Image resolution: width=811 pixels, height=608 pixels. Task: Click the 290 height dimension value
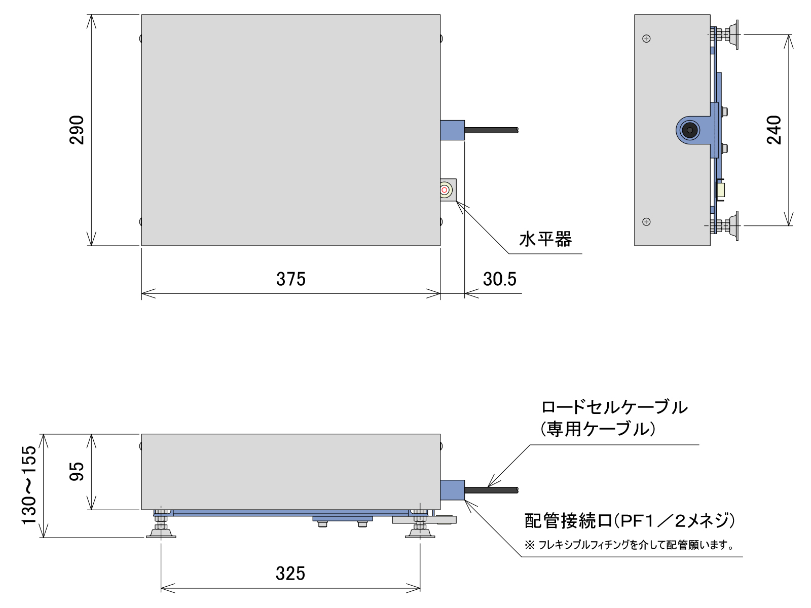pyautogui.click(x=77, y=130)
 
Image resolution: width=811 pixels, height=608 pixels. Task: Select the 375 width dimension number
pyautogui.click(x=291, y=280)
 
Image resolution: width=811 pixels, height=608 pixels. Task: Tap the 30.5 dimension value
pyautogui.click(x=500, y=280)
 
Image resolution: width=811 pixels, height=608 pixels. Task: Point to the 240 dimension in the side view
pyautogui.click(x=774, y=130)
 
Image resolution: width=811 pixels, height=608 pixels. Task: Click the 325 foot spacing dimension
pyautogui.click(x=290, y=574)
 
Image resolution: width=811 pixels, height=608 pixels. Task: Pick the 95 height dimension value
pyautogui.click(x=77, y=471)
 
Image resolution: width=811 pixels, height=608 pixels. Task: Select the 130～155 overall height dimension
pyautogui.click(x=29, y=485)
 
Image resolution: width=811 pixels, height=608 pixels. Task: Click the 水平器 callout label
pyautogui.click(x=545, y=239)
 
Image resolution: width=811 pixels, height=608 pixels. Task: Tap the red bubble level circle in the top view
pyautogui.click(x=445, y=190)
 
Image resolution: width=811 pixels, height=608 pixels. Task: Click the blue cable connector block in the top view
pyautogui.click(x=452, y=130)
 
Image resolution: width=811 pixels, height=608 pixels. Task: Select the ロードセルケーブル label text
pyautogui.click(x=614, y=408)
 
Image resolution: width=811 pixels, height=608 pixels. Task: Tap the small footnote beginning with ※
pyautogui.click(x=629, y=545)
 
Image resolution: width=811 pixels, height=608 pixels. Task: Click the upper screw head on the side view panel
pyautogui.click(x=646, y=39)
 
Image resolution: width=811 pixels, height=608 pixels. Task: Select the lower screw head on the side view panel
pyautogui.click(x=646, y=222)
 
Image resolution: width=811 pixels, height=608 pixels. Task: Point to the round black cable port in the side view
pyautogui.click(x=689, y=130)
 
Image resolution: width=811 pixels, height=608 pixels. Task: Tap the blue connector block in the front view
pyautogui.click(x=452, y=490)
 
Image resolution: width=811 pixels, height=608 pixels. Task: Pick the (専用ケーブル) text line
pyautogui.click(x=598, y=430)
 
